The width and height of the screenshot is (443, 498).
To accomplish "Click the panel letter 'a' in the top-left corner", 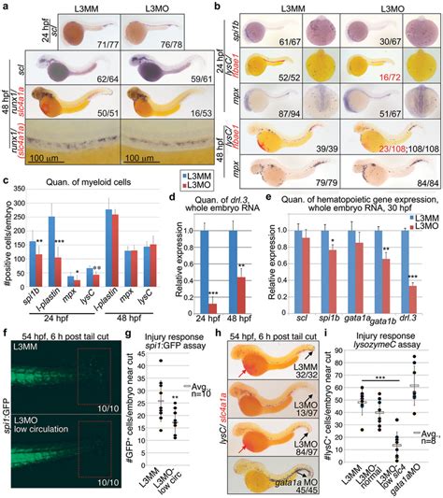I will (6, 7).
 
